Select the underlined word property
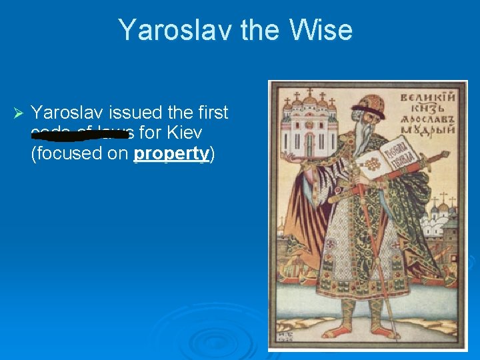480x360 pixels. point(171,153)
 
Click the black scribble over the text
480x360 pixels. point(79,134)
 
